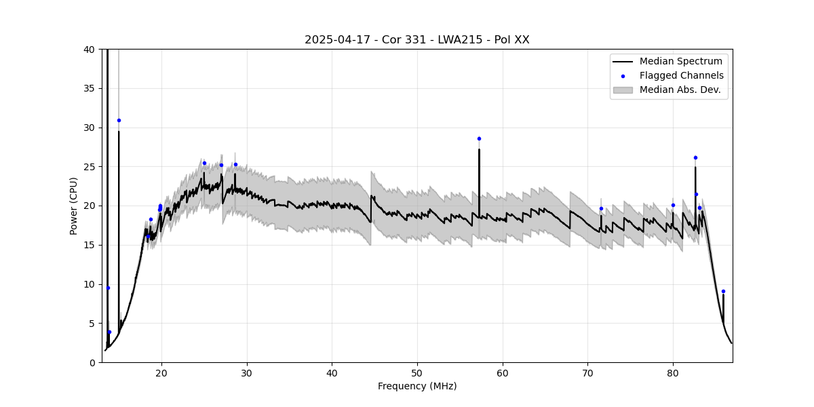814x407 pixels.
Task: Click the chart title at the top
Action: point(416,39)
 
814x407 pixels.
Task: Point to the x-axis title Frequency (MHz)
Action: point(416,386)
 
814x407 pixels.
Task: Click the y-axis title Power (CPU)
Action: point(74,206)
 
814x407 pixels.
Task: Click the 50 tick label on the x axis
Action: point(417,372)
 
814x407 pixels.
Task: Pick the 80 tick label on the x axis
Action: point(673,372)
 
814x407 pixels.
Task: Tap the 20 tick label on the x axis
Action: point(161,372)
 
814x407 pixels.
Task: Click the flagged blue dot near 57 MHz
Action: point(479,138)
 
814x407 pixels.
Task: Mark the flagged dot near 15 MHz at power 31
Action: point(119,120)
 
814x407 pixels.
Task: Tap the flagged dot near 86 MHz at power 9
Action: point(723,291)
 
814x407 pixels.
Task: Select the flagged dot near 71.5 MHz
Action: point(601,208)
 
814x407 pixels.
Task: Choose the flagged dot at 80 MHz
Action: point(673,205)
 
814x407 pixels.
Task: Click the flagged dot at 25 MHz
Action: point(204,163)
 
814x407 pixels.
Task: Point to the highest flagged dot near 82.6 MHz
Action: point(695,157)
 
